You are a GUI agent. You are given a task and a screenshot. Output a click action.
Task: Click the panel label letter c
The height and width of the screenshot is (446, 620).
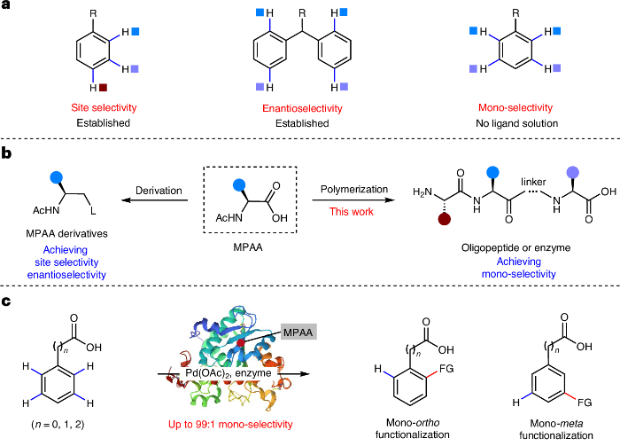(x=6, y=302)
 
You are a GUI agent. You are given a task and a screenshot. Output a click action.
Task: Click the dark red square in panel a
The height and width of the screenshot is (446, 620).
(x=105, y=87)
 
